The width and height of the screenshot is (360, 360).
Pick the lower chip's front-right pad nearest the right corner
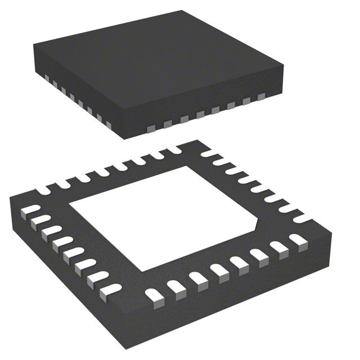coord(296,241)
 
